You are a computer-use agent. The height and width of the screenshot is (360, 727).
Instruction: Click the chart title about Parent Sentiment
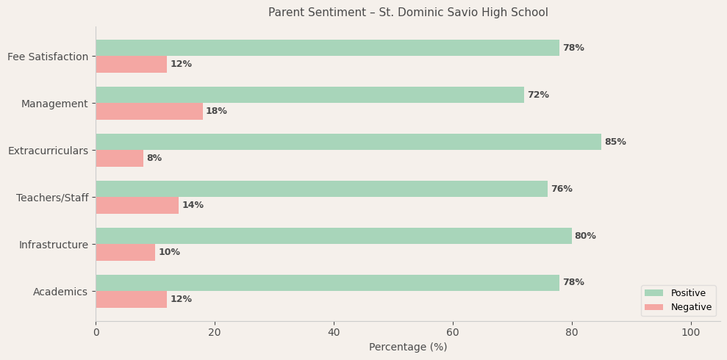pyautogui.click(x=408, y=12)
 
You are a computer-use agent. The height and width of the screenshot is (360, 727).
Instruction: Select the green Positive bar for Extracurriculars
pyautogui.click(x=348, y=142)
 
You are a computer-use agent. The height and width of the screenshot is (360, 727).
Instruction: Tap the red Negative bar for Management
pyautogui.click(x=149, y=111)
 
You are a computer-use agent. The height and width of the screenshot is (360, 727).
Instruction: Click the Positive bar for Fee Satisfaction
pyautogui.click(x=327, y=48)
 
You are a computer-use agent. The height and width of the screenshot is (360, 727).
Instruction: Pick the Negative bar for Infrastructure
pyautogui.click(x=125, y=252)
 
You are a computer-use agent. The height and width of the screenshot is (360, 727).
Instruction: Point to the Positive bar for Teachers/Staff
pyautogui.click(x=321, y=189)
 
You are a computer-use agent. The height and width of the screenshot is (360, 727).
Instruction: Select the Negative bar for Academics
pyautogui.click(x=131, y=299)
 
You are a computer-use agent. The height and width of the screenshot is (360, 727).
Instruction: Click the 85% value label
pyautogui.click(x=615, y=142)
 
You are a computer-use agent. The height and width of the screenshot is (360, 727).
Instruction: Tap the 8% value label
pyautogui.click(x=154, y=158)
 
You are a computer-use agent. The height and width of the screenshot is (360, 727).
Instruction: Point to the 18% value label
pyautogui.click(x=216, y=111)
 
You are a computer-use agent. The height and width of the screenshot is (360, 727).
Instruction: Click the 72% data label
pyautogui.click(x=538, y=95)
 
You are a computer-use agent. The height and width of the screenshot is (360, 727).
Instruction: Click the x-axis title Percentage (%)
pyautogui.click(x=408, y=347)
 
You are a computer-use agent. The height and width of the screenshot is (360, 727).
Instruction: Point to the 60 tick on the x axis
pyautogui.click(x=453, y=332)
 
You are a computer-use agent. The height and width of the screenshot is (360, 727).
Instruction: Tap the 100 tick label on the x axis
pyautogui.click(x=690, y=332)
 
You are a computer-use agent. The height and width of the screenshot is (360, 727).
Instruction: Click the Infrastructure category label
pyautogui.click(x=53, y=245)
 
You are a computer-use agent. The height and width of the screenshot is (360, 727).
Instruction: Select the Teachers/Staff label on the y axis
pyautogui.click(x=52, y=198)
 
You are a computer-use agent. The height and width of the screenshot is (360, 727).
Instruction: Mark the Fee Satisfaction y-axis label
pyautogui.click(x=48, y=57)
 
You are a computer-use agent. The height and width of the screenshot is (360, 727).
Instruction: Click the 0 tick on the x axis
pyautogui.click(x=96, y=332)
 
